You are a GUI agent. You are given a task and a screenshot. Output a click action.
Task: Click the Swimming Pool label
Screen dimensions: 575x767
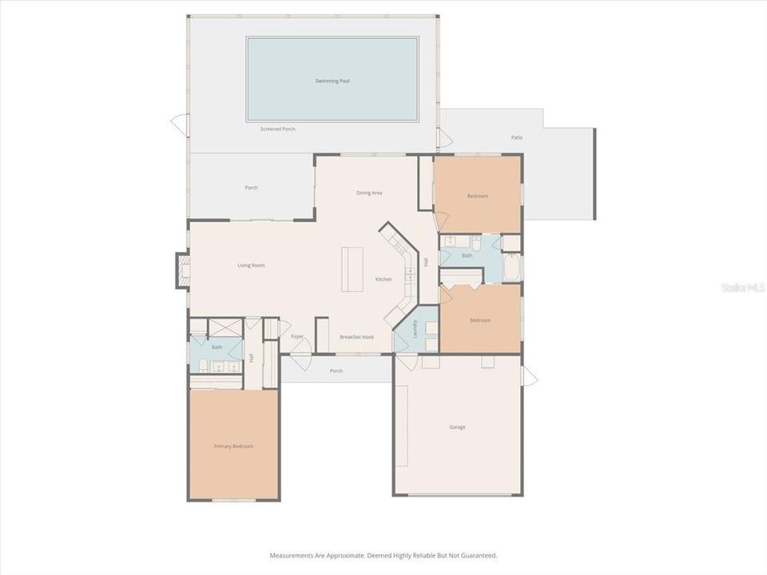[x=332, y=81]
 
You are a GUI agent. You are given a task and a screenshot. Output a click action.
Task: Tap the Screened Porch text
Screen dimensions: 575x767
[x=278, y=129]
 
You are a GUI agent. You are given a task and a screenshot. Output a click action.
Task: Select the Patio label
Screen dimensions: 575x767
[x=517, y=137]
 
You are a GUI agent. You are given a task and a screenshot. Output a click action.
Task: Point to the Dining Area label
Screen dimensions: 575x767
[x=369, y=192]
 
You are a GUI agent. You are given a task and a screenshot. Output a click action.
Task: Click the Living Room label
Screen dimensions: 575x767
[x=251, y=265]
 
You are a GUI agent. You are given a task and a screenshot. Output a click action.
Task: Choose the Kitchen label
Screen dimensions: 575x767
[x=383, y=279]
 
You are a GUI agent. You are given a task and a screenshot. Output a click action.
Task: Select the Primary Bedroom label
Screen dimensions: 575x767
[x=233, y=446]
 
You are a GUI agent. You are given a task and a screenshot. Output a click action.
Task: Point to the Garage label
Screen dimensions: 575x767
[x=457, y=426]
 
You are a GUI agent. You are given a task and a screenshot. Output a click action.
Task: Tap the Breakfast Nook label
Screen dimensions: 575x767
[x=356, y=337]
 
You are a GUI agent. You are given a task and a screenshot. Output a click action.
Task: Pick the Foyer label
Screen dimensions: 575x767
[x=297, y=337]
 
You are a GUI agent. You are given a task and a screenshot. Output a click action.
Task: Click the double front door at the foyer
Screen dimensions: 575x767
[x=300, y=360]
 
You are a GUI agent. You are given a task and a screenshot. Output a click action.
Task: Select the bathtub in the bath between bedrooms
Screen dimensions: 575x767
[x=512, y=268]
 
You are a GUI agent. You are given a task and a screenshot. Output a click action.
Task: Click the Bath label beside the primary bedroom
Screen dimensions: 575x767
[x=217, y=347]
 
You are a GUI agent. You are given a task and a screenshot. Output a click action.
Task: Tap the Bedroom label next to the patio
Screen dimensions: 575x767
[x=477, y=196]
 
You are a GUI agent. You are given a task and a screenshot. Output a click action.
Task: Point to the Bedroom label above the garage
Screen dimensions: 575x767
[x=479, y=320]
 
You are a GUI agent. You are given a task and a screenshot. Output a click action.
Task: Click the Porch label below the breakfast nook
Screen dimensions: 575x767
[x=336, y=371]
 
